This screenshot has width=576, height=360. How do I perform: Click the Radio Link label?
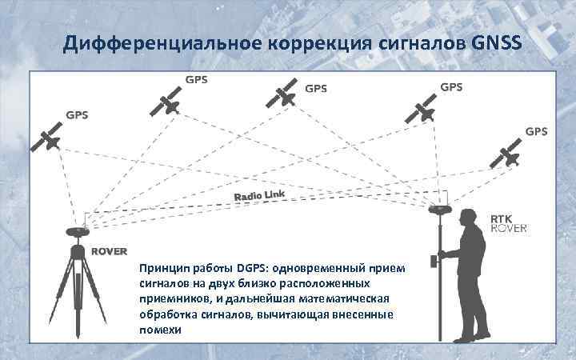(259, 195)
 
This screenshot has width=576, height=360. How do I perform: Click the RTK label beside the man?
(502, 217)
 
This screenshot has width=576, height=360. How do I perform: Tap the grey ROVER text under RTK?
(508, 228)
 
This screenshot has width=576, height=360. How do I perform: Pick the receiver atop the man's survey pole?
(439, 210)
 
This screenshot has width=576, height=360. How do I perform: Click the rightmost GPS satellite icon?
(507, 155)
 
